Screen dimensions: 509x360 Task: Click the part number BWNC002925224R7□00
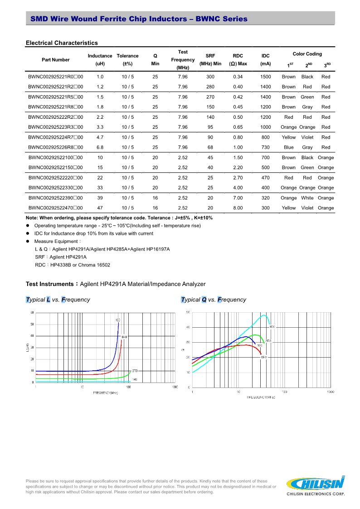(x=55, y=137)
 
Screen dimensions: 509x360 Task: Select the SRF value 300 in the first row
(x=210, y=77)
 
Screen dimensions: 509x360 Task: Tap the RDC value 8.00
(x=238, y=208)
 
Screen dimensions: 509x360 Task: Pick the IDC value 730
(x=266, y=147)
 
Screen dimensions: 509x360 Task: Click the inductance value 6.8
(x=100, y=147)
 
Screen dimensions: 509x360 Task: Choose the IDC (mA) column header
(x=266, y=60)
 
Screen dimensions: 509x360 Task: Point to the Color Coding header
(x=307, y=54)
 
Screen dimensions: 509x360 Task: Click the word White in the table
(x=307, y=198)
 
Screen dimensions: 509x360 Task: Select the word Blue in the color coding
(x=289, y=147)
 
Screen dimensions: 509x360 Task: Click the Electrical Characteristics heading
(x=62, y=43)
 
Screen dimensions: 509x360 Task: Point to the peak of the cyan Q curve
(x=263, y=315)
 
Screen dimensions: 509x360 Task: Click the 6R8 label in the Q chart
(x=263, y=357)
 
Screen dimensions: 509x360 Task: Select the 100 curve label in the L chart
(x=117, y=320)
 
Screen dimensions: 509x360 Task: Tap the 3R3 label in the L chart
(x=135, y=371)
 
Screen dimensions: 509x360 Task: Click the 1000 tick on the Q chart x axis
(x=330, y=392)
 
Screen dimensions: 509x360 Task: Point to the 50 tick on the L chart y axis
(x=32, y=324)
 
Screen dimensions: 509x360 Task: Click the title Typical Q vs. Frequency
(x=214, y=300)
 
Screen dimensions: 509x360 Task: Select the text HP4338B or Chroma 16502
(x=80, y=265)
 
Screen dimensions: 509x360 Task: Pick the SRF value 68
(x=210, y=147)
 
